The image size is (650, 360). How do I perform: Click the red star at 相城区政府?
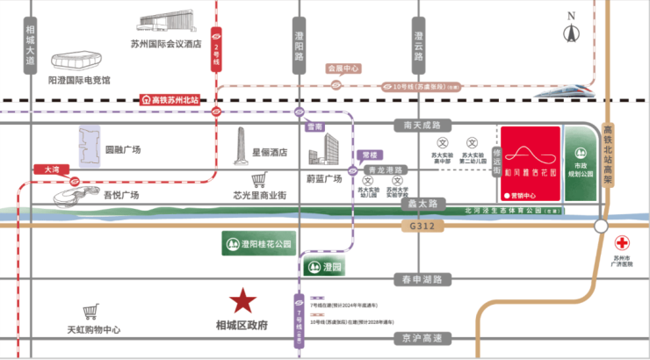[243, 303]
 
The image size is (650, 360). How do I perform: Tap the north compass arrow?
[572, 32]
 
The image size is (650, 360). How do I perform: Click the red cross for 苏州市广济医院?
[621, 242]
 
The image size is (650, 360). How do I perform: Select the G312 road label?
[422, 225]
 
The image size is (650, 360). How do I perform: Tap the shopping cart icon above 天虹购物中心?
[90, 313]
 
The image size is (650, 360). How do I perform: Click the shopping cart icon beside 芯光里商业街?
[259, 180]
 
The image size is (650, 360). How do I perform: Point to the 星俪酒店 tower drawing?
[242, 147]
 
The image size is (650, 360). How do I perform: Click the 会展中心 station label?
[343, 67]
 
